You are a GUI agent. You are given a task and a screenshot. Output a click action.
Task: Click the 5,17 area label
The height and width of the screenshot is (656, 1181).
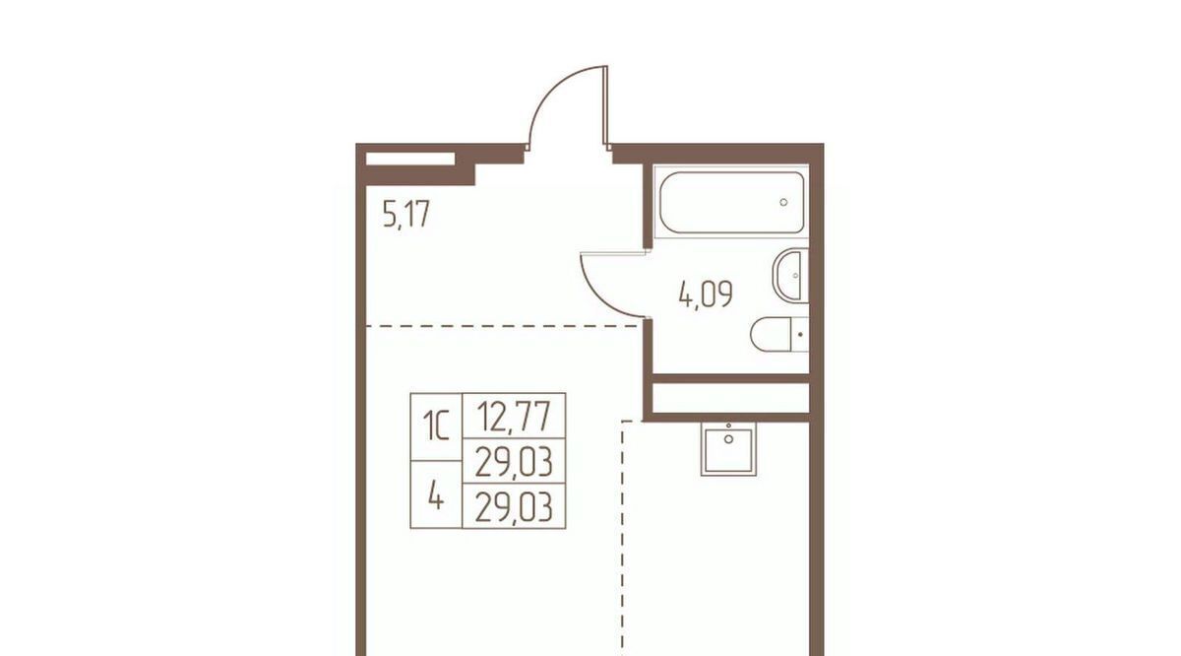click(x=406, y=215)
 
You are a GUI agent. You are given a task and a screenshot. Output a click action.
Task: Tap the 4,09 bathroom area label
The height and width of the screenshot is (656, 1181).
click(x=706, y=295)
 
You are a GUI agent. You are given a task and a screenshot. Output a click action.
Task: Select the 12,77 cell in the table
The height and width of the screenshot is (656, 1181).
click(x=514, y=416)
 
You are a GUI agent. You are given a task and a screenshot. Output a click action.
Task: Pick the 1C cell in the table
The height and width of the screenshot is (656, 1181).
click(x=437, y=426)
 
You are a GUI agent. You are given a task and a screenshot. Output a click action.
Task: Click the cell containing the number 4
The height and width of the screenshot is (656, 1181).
click(x=437, y=494)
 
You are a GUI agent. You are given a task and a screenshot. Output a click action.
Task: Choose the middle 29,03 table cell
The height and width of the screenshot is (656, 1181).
click(x=514, y=461)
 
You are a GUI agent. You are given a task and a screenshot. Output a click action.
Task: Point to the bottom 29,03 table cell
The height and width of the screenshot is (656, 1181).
click(x=514, y=505)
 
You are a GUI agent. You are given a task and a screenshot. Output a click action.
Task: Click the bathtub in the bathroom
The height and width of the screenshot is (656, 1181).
click(x=731, y=202)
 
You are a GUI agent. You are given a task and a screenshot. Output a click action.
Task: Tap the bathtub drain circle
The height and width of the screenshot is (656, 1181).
click(x=783, y=202)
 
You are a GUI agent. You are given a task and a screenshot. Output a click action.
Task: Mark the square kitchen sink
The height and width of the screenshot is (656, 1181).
click(x=728, y=449)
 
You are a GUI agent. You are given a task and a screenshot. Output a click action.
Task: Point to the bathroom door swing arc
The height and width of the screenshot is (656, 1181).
click(x=601, y=298)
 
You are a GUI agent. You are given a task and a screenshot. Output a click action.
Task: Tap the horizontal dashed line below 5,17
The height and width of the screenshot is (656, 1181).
click(x=504, y=326)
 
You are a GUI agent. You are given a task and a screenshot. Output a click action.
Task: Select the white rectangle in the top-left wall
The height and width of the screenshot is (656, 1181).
click(x=410, y=159)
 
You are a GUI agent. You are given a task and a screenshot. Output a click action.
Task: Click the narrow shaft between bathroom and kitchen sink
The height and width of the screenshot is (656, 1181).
click(x=731, y=399)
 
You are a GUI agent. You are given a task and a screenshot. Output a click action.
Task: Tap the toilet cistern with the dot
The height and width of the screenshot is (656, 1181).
click(x=800, y=334)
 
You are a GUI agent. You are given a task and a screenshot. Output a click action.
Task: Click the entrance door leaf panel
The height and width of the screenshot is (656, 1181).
click(x=606, y=105)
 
